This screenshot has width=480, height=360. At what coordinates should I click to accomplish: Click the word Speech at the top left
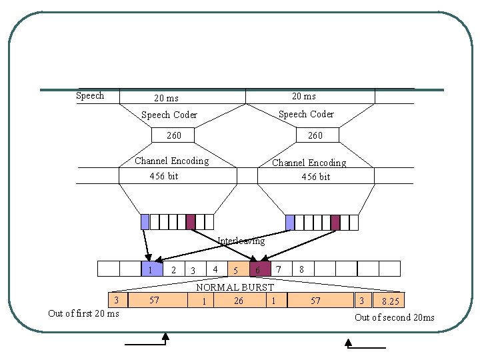tap(90, 96)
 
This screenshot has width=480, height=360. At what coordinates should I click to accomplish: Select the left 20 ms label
tap(166, 98)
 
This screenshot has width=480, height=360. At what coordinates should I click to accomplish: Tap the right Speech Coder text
tap(306, 114)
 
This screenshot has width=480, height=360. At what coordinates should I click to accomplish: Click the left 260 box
tap(173, 135)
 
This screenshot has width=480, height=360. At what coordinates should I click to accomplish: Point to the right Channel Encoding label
tap(309, 163)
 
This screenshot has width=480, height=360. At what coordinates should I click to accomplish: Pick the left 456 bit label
tap(163, 176)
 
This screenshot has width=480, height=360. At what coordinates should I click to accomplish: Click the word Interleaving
tap(241, 241)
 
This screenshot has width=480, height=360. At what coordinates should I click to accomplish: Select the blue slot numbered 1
tap(151, 269)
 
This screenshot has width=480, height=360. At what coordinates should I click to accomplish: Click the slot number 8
tap(302, 269)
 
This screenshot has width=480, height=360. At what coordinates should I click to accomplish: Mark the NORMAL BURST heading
tap(235, 287)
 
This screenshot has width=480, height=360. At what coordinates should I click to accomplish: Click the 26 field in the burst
tap(238, 301)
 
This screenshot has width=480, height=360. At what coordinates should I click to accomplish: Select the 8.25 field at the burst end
tap(391, 301)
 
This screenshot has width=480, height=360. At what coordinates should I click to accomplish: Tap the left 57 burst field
tap(154, 301)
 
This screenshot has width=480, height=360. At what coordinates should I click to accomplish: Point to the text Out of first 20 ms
tap(84, 313)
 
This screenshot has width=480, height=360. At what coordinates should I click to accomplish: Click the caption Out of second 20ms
tap(394, 317)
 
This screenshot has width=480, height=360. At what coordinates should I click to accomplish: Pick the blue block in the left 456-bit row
tap(145, 222)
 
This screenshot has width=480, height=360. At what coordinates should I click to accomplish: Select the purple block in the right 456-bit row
tap(335, 222)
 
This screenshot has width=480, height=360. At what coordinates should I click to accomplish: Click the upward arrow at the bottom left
tap(165, 339)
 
